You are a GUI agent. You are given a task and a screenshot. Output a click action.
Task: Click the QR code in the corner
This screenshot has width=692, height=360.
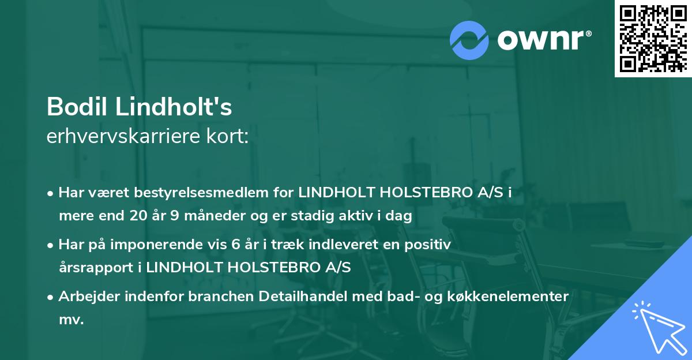(653, 39)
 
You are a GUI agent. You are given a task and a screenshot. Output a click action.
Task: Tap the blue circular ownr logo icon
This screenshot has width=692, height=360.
(469, 39)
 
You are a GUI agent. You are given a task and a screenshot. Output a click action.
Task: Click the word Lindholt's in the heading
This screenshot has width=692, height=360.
(168, 107)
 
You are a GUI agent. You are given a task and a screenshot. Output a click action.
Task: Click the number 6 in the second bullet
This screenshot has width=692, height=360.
(234, 245)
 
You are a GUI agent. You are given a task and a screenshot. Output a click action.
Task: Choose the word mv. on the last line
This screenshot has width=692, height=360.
(72, 320)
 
